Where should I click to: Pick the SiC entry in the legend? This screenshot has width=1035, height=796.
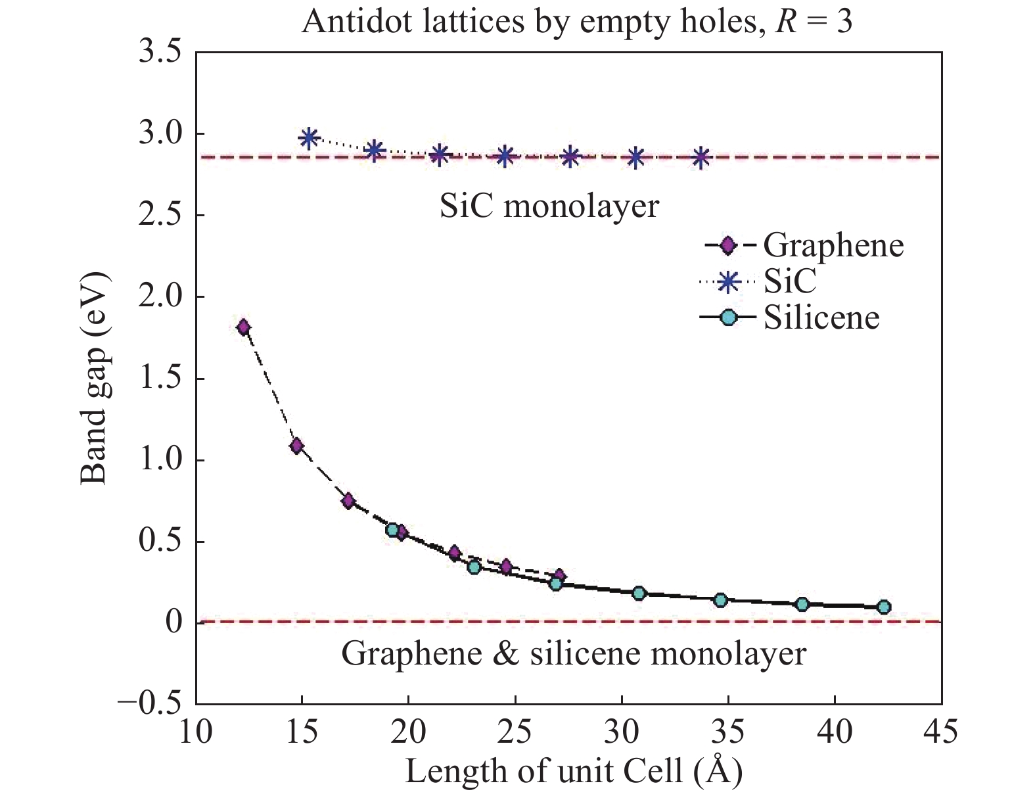(789, 281)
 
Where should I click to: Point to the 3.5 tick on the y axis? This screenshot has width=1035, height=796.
(159, 53)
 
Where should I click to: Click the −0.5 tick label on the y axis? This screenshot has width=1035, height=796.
(149, 704)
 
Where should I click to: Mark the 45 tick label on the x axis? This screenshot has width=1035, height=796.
(941, 732)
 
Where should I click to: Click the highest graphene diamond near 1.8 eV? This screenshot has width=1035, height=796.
(243, 327)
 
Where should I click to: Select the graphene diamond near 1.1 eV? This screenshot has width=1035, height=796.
(296, 446)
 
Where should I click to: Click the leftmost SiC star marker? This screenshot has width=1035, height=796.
(309, 138)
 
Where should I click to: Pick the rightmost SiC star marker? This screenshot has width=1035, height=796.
(701, 158)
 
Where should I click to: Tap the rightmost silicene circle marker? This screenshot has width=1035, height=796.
(884, 607)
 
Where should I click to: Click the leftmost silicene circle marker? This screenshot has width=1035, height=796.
(393, 530)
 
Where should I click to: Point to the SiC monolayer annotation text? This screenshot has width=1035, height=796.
(549, 207)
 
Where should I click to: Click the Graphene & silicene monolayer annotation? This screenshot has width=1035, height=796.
(573, 654)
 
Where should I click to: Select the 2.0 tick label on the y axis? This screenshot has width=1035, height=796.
(159, 297)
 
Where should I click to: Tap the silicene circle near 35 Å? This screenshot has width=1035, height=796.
(720, 599)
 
